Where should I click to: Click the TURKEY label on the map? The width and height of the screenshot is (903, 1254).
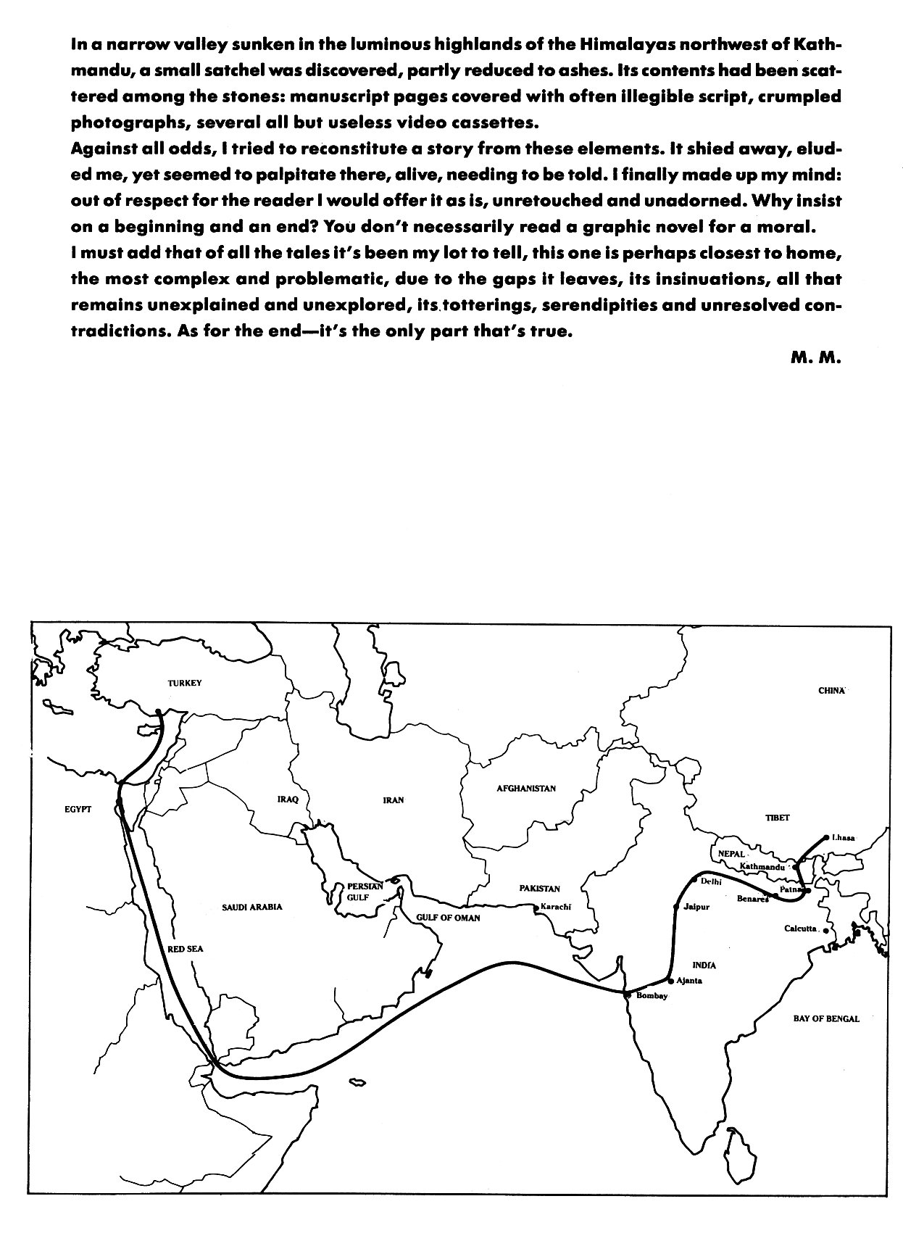coord(184,683)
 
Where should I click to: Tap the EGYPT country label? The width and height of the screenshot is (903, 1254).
coord(78,810)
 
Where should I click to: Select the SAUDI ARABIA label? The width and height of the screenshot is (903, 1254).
coord(252,907)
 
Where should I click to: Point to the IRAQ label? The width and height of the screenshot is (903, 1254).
coord(288,800)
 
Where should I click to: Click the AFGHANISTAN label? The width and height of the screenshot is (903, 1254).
coord(526,788)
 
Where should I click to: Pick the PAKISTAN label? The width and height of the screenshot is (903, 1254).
coord(539,889)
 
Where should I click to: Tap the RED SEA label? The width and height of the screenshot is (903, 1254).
coord(185,949)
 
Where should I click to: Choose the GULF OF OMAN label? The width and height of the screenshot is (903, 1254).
coord(448,918)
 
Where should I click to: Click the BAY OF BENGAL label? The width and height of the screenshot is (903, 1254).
coord(826,1018)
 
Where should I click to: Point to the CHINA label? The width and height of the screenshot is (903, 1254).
coord(832,691)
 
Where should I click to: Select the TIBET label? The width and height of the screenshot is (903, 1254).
coord(777,818)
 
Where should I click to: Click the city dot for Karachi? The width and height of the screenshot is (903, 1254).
coord(535,908)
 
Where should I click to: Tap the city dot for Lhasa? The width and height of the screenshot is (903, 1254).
coord(826,838)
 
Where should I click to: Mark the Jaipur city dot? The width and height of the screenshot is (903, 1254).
coord(675,907)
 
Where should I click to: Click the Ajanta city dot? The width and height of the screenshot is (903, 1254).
coord(671,981)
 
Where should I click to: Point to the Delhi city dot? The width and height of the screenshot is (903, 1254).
coord(694,881)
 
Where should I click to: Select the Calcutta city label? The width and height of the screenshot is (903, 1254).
coord(801,929)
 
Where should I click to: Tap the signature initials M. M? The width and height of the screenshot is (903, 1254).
coord(815,358)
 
